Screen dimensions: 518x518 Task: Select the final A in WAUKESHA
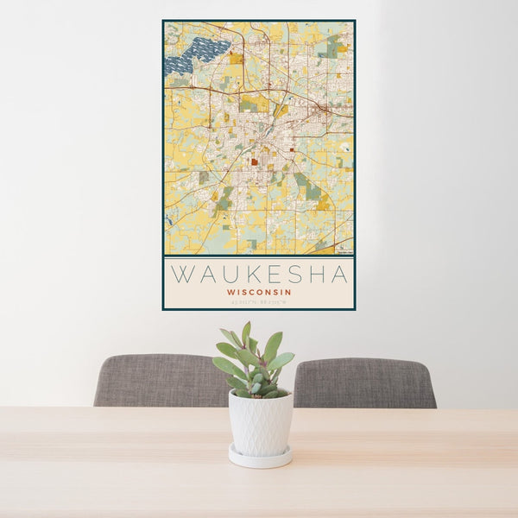(x=338, y=275)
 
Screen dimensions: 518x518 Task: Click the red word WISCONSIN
(x=259, y=292)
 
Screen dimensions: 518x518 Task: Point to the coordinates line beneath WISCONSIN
(x=259, y=300)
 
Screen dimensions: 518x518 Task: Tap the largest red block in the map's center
(x=256, y=161)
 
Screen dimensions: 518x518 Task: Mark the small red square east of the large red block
(x=293, y=149)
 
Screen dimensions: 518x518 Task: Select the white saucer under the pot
(x=260, y=457)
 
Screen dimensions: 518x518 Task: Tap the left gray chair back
(x=160, y=381)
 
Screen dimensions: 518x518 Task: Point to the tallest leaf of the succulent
(x=246, y=332)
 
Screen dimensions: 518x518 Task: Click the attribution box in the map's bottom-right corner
(x=344, y=252)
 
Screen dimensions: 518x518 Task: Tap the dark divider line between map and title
(x=259, y=256)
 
